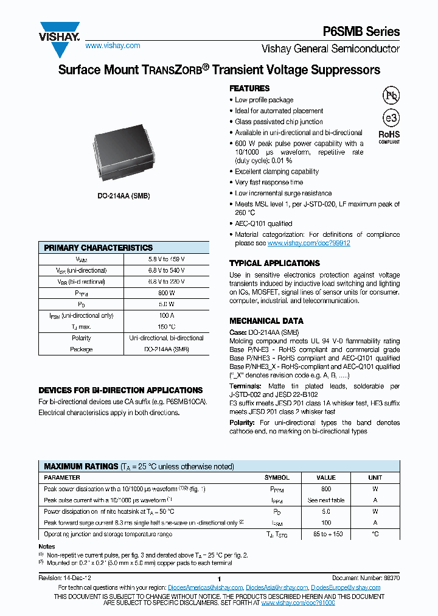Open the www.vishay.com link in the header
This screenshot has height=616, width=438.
click(x=113, y=46)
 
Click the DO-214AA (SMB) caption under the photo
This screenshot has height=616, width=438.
click(x=123, y=196)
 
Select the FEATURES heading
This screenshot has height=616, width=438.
click(x=249, y=88)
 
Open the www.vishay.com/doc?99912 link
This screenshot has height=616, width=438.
click(x=308, y=243)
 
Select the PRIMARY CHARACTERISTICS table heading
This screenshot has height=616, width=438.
click(x=99, y=248)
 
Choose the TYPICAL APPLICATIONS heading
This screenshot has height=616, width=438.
click(x=274, y=263)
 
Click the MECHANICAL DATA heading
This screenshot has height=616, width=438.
click(x=266, y=321)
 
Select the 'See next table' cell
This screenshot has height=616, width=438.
click(x=326, y=500)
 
